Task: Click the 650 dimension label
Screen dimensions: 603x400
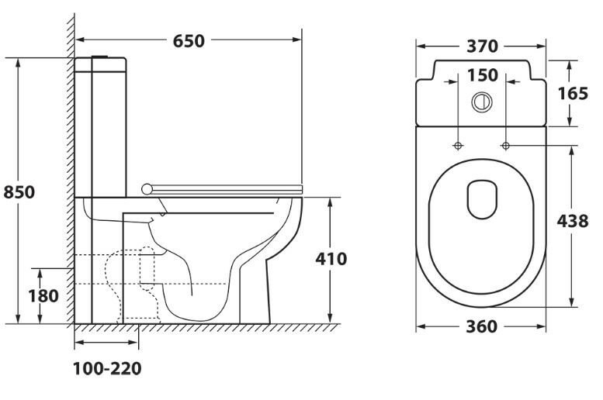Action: click(189, 40)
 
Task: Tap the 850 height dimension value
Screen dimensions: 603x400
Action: click(19, 191)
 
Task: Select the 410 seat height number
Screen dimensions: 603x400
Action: click(331, 259)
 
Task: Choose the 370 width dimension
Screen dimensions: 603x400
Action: click(481, 47)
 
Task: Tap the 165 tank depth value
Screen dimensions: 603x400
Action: click(573, 93)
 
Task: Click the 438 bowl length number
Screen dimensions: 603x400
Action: click(573, 220)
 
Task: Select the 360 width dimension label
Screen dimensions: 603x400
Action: click(481, 326)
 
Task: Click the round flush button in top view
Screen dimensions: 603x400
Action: click(481, 100)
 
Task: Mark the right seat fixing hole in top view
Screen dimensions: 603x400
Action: click(506, 145)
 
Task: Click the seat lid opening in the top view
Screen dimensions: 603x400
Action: click(481, 199)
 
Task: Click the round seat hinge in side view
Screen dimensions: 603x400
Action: click(147, 187)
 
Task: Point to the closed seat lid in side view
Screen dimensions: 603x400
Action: click(225, 187)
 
